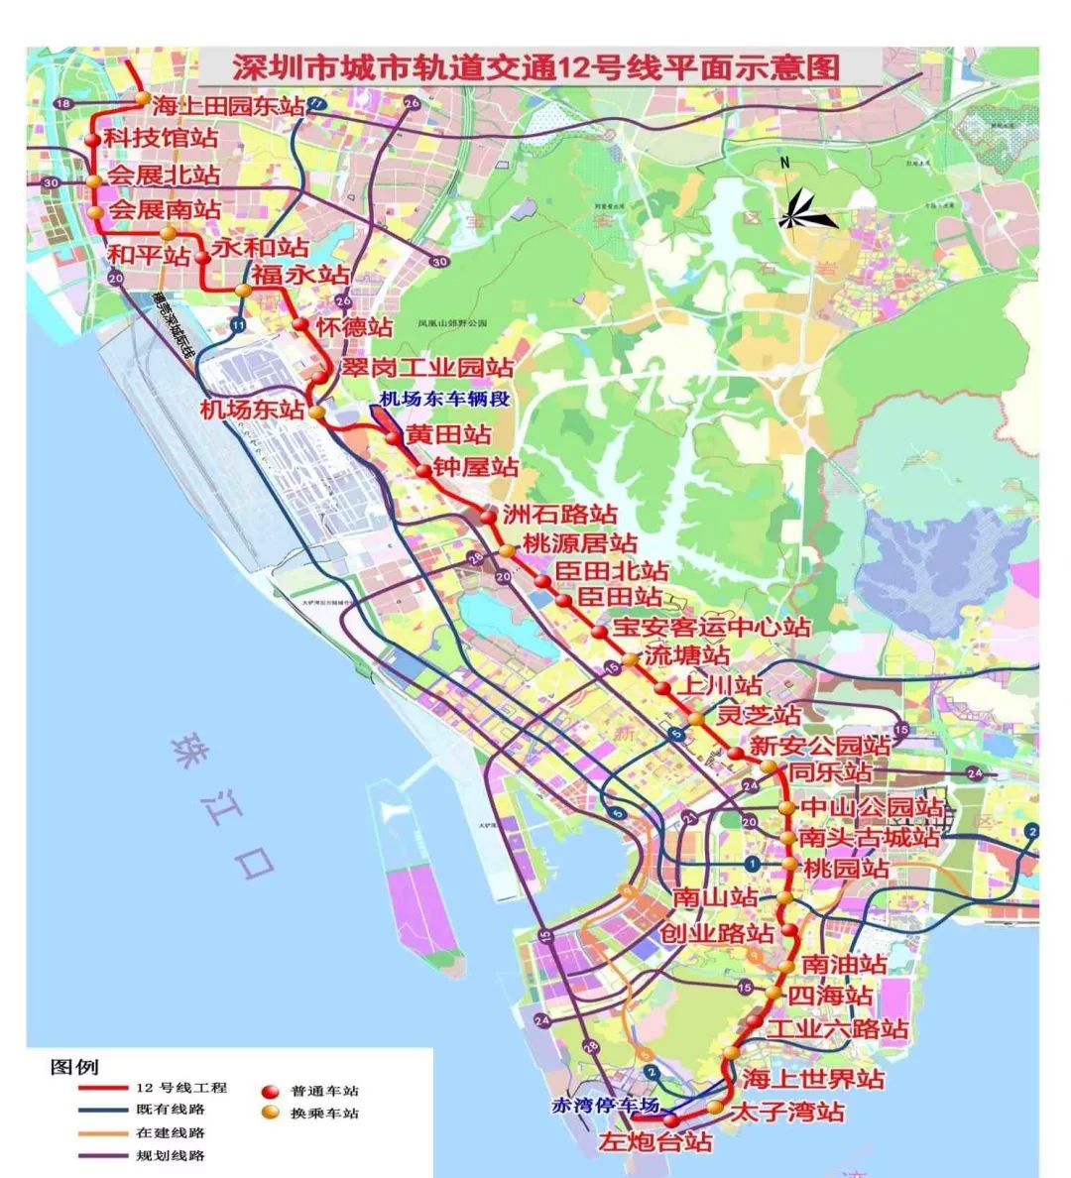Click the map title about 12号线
(535, 67)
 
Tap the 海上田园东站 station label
(228, 106)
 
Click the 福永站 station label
(298, 275)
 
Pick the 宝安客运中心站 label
(711, 627)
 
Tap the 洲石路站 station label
(559, 515)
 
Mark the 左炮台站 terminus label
(655, 1141)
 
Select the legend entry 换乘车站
(324, 1114)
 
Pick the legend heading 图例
(73, 1067)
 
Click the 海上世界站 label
(813, 1078)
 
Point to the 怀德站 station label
(354, 326)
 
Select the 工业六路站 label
(838, 1028)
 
